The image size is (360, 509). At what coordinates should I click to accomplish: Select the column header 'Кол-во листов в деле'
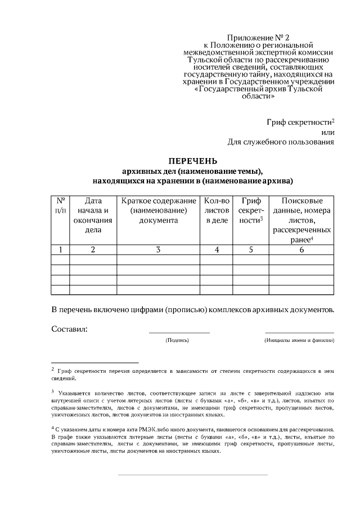tap(217, 210)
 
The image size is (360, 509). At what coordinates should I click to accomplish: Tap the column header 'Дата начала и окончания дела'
tap(93, 215)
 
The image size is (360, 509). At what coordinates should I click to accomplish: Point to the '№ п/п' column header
tap(60, 205)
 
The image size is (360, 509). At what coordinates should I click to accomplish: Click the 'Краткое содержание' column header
tap(159, 210)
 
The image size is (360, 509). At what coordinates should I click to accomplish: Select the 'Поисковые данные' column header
tap(301, 220)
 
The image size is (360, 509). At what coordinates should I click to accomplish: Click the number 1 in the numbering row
tap(60, 249)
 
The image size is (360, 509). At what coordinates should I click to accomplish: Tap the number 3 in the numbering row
tap(159, 249)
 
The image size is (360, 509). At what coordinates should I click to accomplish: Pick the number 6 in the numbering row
tap(301, 249)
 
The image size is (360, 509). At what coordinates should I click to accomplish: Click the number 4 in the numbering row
tap(217, 249)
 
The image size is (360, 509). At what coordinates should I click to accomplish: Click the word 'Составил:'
tap(69, 328)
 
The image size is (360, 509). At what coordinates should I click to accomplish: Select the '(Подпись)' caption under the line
tap(177, 340)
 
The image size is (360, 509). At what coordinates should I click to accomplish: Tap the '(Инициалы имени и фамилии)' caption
tap(299, 340)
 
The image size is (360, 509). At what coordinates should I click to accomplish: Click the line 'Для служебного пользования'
tap(281, 142)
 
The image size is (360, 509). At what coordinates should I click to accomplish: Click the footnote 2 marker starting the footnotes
tap(52, 370)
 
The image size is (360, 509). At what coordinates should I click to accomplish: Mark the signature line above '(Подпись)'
tap(179, 334)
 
